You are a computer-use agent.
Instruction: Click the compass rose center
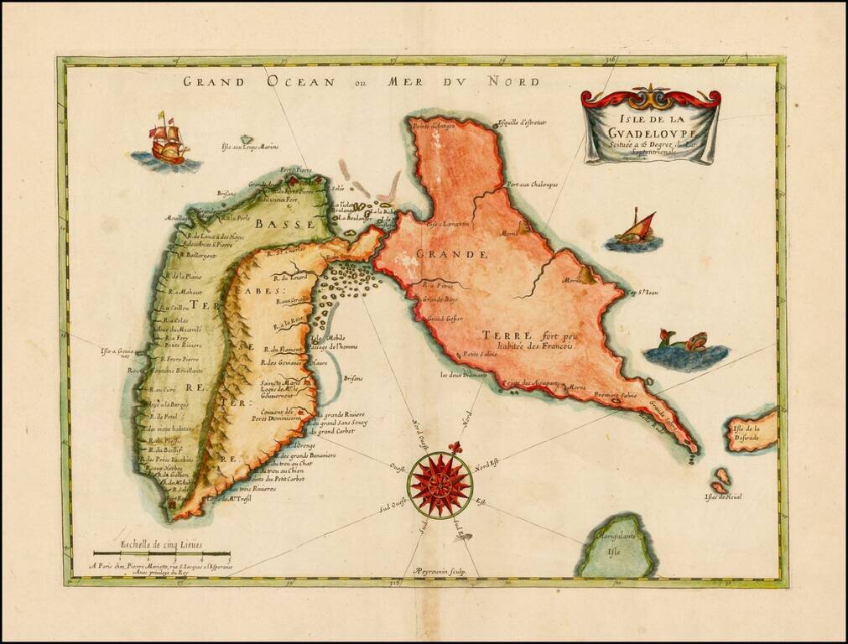440,485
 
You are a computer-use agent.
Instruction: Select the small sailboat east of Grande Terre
634,230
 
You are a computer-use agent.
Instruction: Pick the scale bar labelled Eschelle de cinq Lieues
161,553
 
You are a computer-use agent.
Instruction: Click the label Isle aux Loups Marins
249,150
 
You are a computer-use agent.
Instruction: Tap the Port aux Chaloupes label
532,184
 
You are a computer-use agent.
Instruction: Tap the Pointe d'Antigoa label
432,127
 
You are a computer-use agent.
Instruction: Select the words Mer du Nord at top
463,81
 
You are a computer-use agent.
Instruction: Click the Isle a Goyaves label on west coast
117,354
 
